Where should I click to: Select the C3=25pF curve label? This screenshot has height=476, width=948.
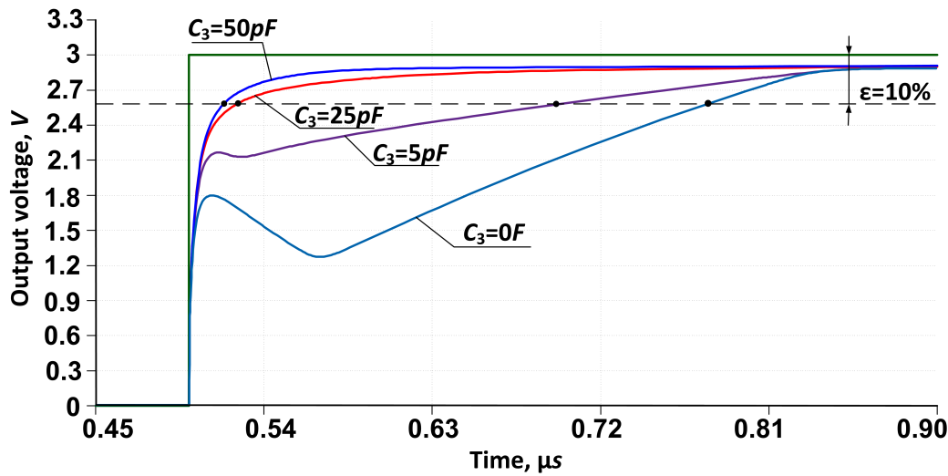coord(337,116)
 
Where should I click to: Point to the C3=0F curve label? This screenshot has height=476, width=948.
coord(493,234)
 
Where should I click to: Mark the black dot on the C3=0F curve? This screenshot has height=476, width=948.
coord(708,104)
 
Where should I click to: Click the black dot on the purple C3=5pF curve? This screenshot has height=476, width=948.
coord(555,104)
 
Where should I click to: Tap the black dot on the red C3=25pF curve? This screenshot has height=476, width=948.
coord(238,104)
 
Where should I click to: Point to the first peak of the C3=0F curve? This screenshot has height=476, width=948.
coord(211,195)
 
